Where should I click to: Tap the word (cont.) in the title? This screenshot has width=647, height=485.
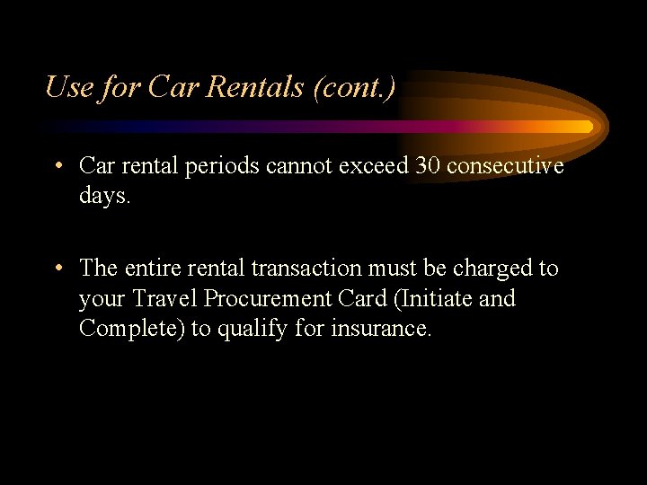click(x=359, y=87)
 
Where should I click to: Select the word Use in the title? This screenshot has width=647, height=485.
click(x=68, y=87)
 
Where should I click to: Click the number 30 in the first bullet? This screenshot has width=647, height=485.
click(x=428, y=166)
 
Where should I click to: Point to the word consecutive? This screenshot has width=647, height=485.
click(x=505, y=166)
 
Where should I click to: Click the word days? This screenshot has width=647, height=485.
click(x=105, y=196)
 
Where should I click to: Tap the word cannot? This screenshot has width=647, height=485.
click(x=302, y=166)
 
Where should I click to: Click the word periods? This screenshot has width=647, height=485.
click(x=219, y=166)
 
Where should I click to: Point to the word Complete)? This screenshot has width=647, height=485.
click(x=132, y=329)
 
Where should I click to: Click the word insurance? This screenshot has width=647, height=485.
click(x=382, y=329)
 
